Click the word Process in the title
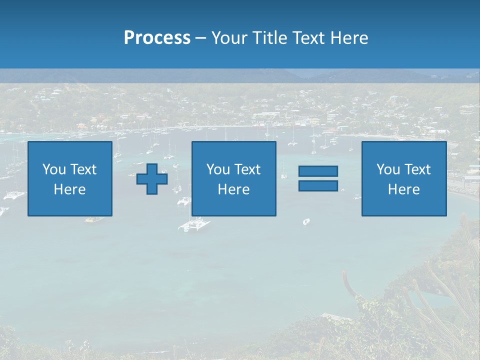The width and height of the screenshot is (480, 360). (157, 38)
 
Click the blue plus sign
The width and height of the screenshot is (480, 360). (152, 179)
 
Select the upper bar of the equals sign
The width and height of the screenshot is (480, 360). (318, 171)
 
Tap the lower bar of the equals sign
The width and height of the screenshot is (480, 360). (318, 185)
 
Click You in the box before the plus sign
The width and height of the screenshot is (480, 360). (53, 169)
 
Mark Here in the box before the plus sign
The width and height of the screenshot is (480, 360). (69, 189)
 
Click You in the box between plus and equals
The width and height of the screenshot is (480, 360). (218, 169)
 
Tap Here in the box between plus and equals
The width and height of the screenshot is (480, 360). (233, 189)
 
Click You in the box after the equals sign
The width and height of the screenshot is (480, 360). (388, 169)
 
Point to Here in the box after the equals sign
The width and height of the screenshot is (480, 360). (403, 189)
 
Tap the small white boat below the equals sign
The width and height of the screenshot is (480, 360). (306, 221)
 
